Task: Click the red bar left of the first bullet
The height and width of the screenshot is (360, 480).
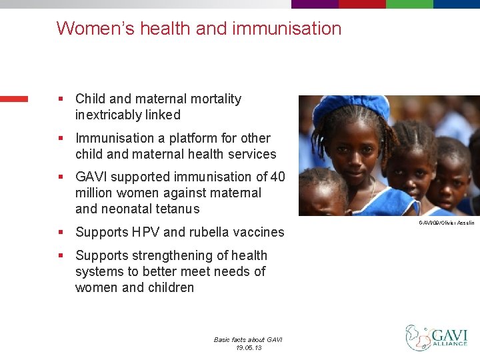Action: tap(14, 99)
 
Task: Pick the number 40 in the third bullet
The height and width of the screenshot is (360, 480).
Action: tap(277, 177)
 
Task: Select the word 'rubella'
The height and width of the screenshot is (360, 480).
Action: tap(211, 232)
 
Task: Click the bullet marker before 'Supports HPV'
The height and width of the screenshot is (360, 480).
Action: tap(61, 232)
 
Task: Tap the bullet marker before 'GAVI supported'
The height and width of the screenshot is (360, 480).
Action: tap(61, 177)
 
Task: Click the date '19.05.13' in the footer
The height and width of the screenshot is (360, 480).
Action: tap(248, 347)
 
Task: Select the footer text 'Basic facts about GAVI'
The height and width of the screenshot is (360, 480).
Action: tap(248, 339)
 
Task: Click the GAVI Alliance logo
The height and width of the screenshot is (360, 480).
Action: tap(437, 338)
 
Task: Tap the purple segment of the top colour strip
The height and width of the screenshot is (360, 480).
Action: tap(315, 4)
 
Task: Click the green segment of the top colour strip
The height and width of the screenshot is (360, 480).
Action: tap(409, 4)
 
